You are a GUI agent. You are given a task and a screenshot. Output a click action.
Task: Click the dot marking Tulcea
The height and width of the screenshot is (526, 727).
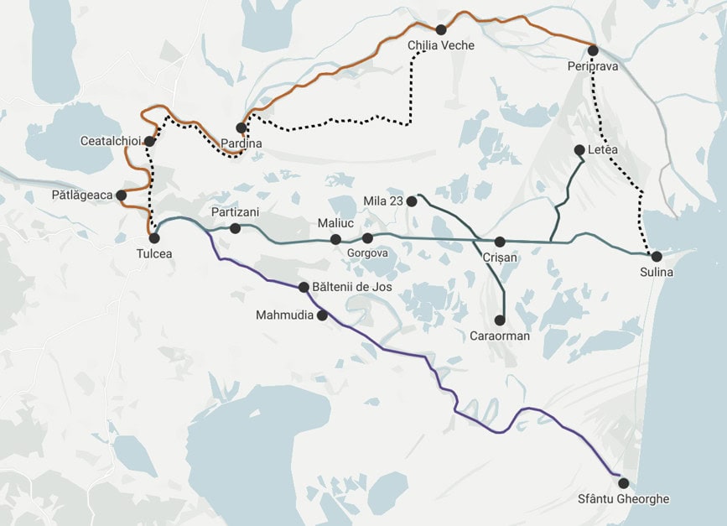154,238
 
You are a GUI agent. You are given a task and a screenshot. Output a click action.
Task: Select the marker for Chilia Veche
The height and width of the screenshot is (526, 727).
441,30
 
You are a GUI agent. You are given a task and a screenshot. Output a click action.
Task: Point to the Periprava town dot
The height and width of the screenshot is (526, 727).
593,50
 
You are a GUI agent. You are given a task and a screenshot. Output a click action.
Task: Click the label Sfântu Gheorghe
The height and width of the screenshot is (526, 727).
623,499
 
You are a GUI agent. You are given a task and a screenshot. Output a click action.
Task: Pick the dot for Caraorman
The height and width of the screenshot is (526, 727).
500,320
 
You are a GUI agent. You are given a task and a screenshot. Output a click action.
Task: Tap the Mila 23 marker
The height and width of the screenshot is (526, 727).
412,201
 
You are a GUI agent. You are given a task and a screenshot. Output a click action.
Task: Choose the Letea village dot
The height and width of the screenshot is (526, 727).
579,150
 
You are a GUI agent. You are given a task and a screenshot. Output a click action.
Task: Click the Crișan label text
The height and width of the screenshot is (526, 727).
500,258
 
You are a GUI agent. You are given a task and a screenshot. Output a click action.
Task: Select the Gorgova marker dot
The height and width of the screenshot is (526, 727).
367,238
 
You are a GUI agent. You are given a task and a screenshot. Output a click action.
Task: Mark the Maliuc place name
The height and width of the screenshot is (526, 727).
335,223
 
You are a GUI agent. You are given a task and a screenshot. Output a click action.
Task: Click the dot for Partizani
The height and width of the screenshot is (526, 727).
235,228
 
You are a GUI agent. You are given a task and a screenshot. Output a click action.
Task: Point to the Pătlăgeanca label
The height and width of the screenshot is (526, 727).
81,195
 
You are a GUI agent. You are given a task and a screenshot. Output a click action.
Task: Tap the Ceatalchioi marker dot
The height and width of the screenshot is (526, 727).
149,141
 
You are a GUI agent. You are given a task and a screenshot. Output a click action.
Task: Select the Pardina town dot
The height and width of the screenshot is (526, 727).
241,128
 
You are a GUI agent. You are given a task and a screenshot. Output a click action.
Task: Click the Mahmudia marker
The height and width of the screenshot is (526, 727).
322,315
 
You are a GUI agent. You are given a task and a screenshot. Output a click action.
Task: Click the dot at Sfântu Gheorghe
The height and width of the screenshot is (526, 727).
623,482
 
